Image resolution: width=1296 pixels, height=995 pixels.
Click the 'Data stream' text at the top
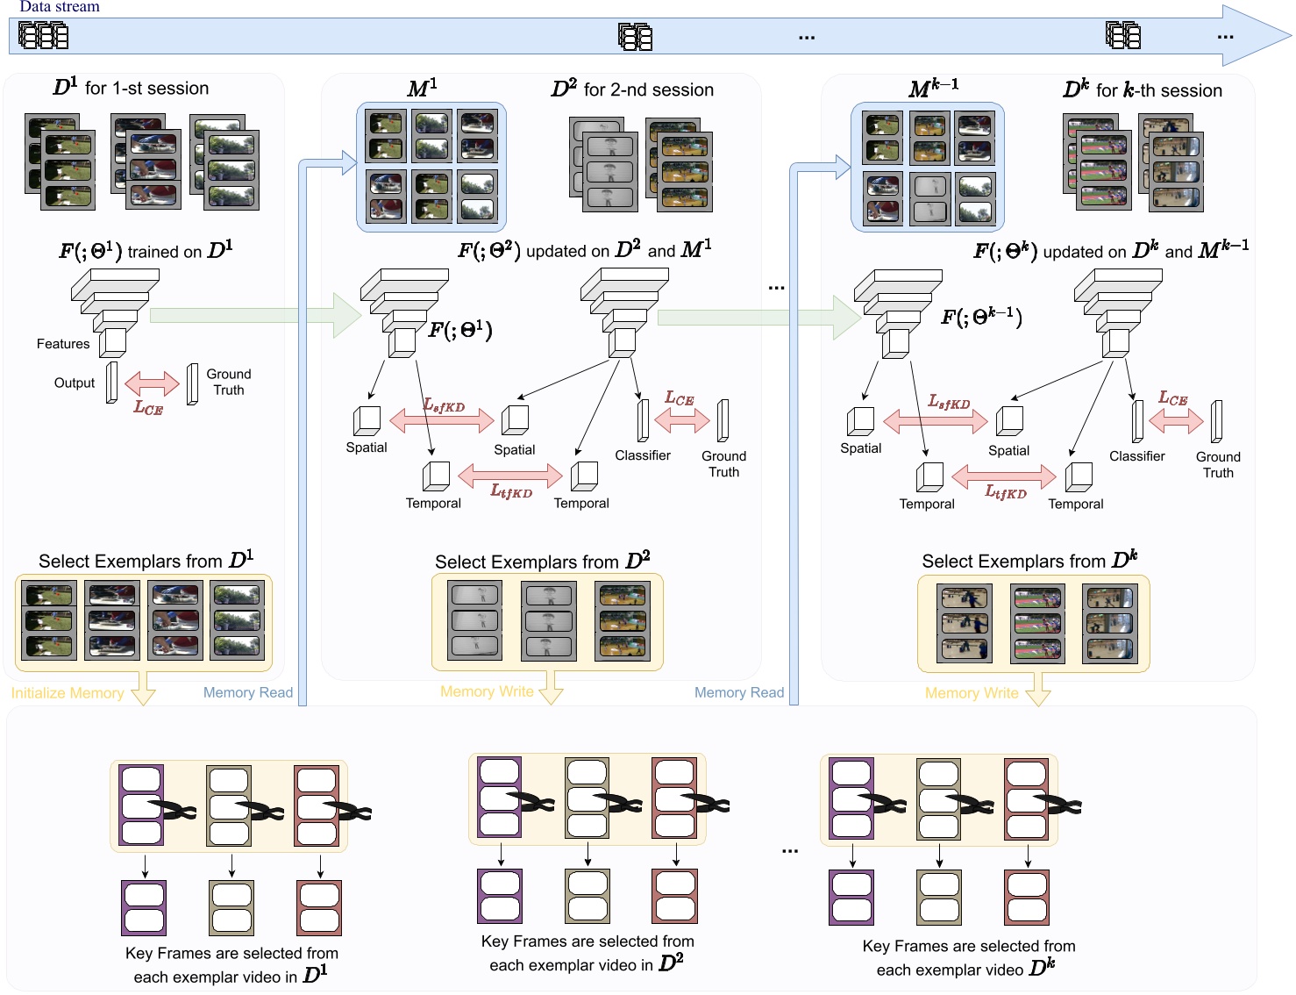pyautogui.click(x=60, y=7)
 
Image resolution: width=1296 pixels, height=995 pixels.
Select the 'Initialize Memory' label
pyautogui.click(x=68, y=693)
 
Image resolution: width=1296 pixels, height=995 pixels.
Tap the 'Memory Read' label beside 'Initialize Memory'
pyautogui.click(x=248, y=692)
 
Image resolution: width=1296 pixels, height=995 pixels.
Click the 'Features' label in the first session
pyautogui.click(x=63, y=344)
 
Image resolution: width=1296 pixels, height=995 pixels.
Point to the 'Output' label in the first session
pyautogui.click(x=75, y=383)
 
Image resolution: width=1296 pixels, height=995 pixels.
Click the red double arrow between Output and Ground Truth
pyautogui.click(x=152, y=383)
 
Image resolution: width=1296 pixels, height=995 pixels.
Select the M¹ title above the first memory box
pyautogui.click(x=422, y=89)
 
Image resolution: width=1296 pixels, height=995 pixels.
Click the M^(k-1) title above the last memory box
pyautogui.click(x=933, y=89)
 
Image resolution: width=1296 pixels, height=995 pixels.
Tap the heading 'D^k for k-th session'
pyautogui.click(x=1142, y=90)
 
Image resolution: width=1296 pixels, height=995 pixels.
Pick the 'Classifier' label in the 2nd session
pyautogui.click(x=643, y=455)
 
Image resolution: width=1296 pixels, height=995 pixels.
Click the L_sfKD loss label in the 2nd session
pyautogui.click(x=445, y=405)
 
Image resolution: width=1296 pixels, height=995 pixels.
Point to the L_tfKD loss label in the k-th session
pyautogui.click(x=1006, y=492)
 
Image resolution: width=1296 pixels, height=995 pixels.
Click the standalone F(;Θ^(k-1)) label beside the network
pyautogui.click(x=981, y=317)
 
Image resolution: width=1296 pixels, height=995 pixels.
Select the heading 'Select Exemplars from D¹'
pyautogui.click(x=146, y=561)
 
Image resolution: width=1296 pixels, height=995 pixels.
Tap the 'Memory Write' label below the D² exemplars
pyautogui.click(x=487, y=691)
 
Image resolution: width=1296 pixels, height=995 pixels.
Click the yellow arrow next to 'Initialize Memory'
pyautogui.click(x=143, y=690)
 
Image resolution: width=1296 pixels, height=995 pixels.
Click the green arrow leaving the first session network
pyautogui.click(x=254, y=316)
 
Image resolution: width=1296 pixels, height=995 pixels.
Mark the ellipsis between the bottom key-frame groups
pyautogui.click(x=790, y=850)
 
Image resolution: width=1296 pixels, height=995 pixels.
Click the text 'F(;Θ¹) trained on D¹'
pyautogui.click(x=146, y=251)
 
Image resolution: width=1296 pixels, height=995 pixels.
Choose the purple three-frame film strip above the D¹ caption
pyautogui.click(x=141, y=805)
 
